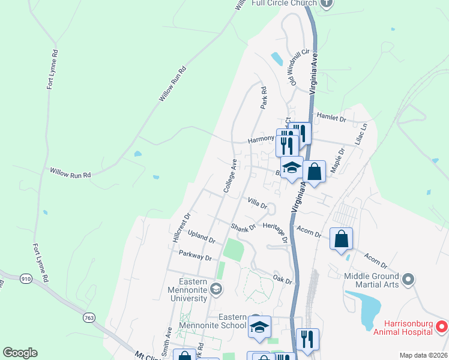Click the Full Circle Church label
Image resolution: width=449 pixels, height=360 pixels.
pyautogui.click(x=284, y=3)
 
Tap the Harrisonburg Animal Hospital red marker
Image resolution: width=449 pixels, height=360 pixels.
pyautogui.click(x=441, y=327)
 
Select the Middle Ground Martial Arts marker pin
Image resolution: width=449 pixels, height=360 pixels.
pyautogui.click(x=408, y=280)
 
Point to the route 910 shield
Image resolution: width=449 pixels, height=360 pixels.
pyautogui.click(x=26, y=279)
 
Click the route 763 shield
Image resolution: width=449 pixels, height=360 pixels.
pyautogui.click(x=89, y=317)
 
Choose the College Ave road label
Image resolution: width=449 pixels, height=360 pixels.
pyautogui.click(x=231, y=176)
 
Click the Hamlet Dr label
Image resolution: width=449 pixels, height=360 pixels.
pyautogui.click(x=332, y=119)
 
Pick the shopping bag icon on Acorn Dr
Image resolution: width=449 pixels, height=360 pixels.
pyautogui.click(x=341, y=239)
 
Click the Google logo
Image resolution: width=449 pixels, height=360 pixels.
pyautogui.click(x=20, y=353)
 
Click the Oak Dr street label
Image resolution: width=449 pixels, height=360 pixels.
pyautogui.click(x=282, y=280)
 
